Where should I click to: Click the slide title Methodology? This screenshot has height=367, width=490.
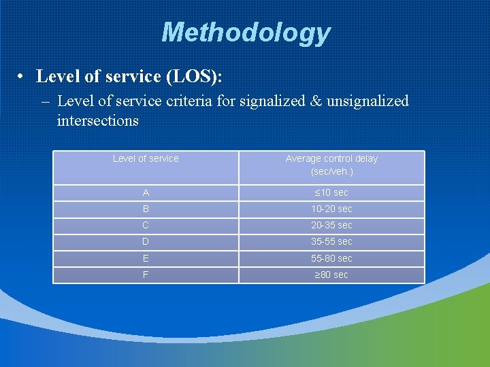pyautogui.click(x=245, y=32)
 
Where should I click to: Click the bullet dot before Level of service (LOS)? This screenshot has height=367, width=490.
pyautogui.click(x=22, y=77)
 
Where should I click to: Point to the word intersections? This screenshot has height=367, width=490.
pyautogui.click(x=97, y=121)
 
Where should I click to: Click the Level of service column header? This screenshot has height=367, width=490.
pyautogui.click(x=146, y=158)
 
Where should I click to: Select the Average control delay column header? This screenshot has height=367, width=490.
pyautogui.click(x=331, y=164)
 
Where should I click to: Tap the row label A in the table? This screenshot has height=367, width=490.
pyautogui.click(x=146, y=192)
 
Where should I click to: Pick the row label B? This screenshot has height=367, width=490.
pyautogui.click(x=146, y=209)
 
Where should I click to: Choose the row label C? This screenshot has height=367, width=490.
pyautogui.click(x=146, y=225)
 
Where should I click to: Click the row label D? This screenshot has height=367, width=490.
pyautogui.click(x=146, y=241)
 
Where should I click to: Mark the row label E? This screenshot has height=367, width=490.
pyautogui.click(x=146, y=258)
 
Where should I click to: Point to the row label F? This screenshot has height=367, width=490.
pyautogui.click(x=146, y=275)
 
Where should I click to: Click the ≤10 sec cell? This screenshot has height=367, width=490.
pyautogui.click(x=331, y=192)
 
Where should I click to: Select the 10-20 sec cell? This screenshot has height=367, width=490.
pyautogui.click(x=331, y=209)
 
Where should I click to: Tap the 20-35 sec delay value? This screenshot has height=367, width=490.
pyautogui.click(x=331, y=225)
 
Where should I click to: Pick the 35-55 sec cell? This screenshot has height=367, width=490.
pyautogui.click(x=331, y=241)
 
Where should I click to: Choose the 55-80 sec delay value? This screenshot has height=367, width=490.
pyautogui.click(x=331, y=258)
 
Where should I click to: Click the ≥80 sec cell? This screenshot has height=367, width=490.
pyautogui.click(x=331, y=275)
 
